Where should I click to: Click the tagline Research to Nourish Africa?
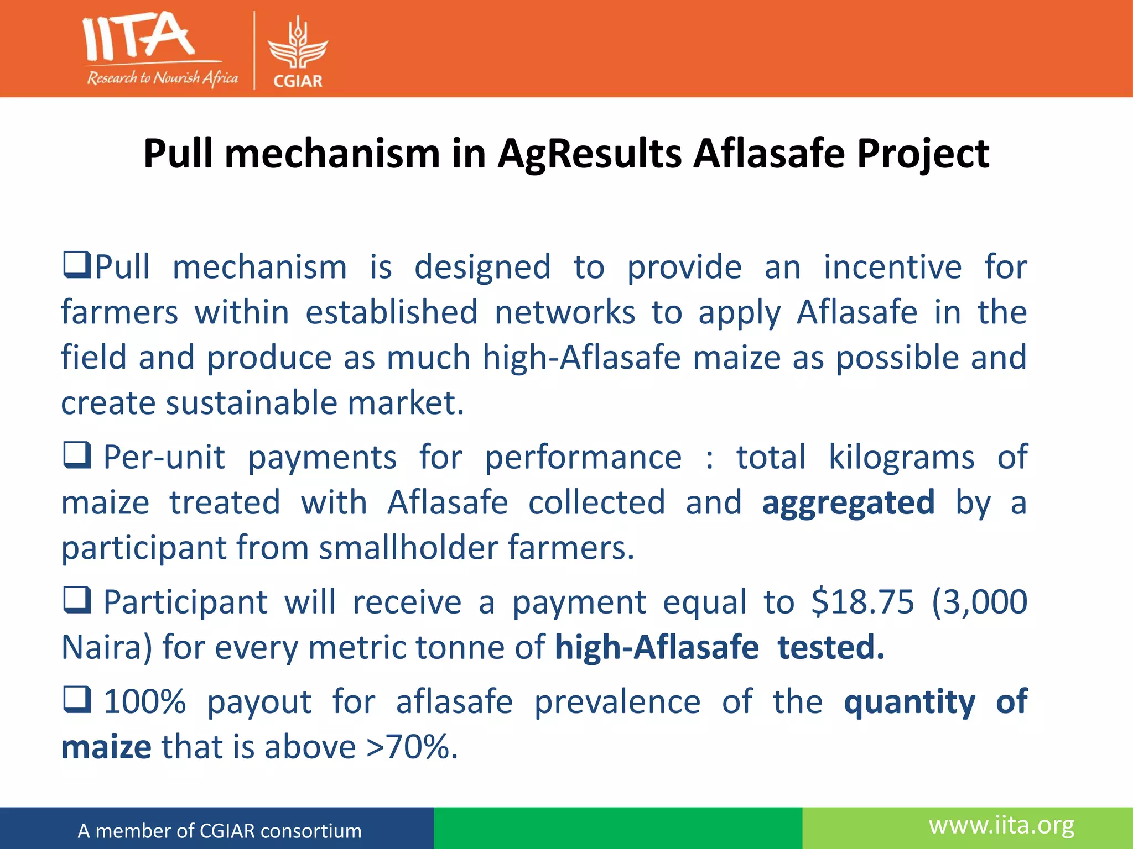[162, 78]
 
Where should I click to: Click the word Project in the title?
[923, 154]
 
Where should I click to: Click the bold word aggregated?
[848, 503]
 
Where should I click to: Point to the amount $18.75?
[862, 601]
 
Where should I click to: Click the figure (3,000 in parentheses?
[979, 601]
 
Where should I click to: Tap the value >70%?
[412, 747]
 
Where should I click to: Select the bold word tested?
[830, 647]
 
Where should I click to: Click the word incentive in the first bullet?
[892, 268]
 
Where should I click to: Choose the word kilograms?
[901, 458]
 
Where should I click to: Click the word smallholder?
[408, 548]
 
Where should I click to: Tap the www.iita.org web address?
[1001, 825]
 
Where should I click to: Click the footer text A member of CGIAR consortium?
[220, 831]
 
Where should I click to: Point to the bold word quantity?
[909, 703]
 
